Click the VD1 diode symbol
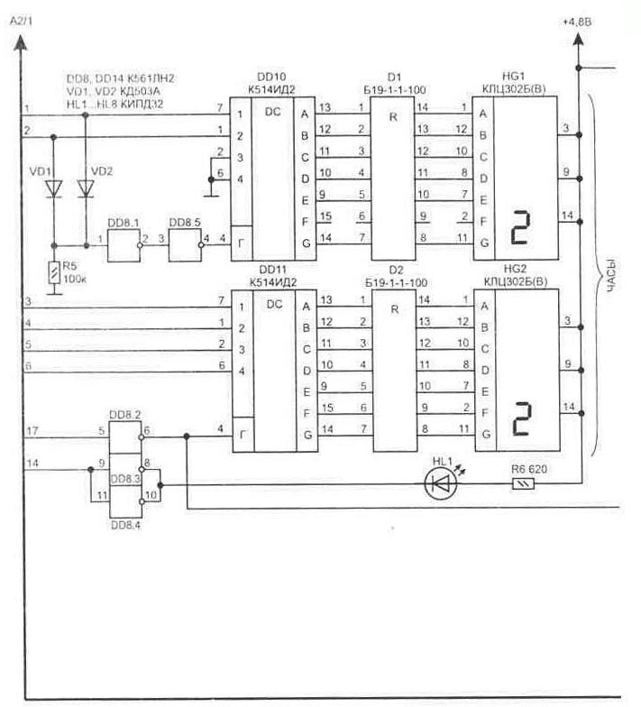54,188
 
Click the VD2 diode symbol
86,188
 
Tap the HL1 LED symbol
439,483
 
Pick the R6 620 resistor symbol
520,483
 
